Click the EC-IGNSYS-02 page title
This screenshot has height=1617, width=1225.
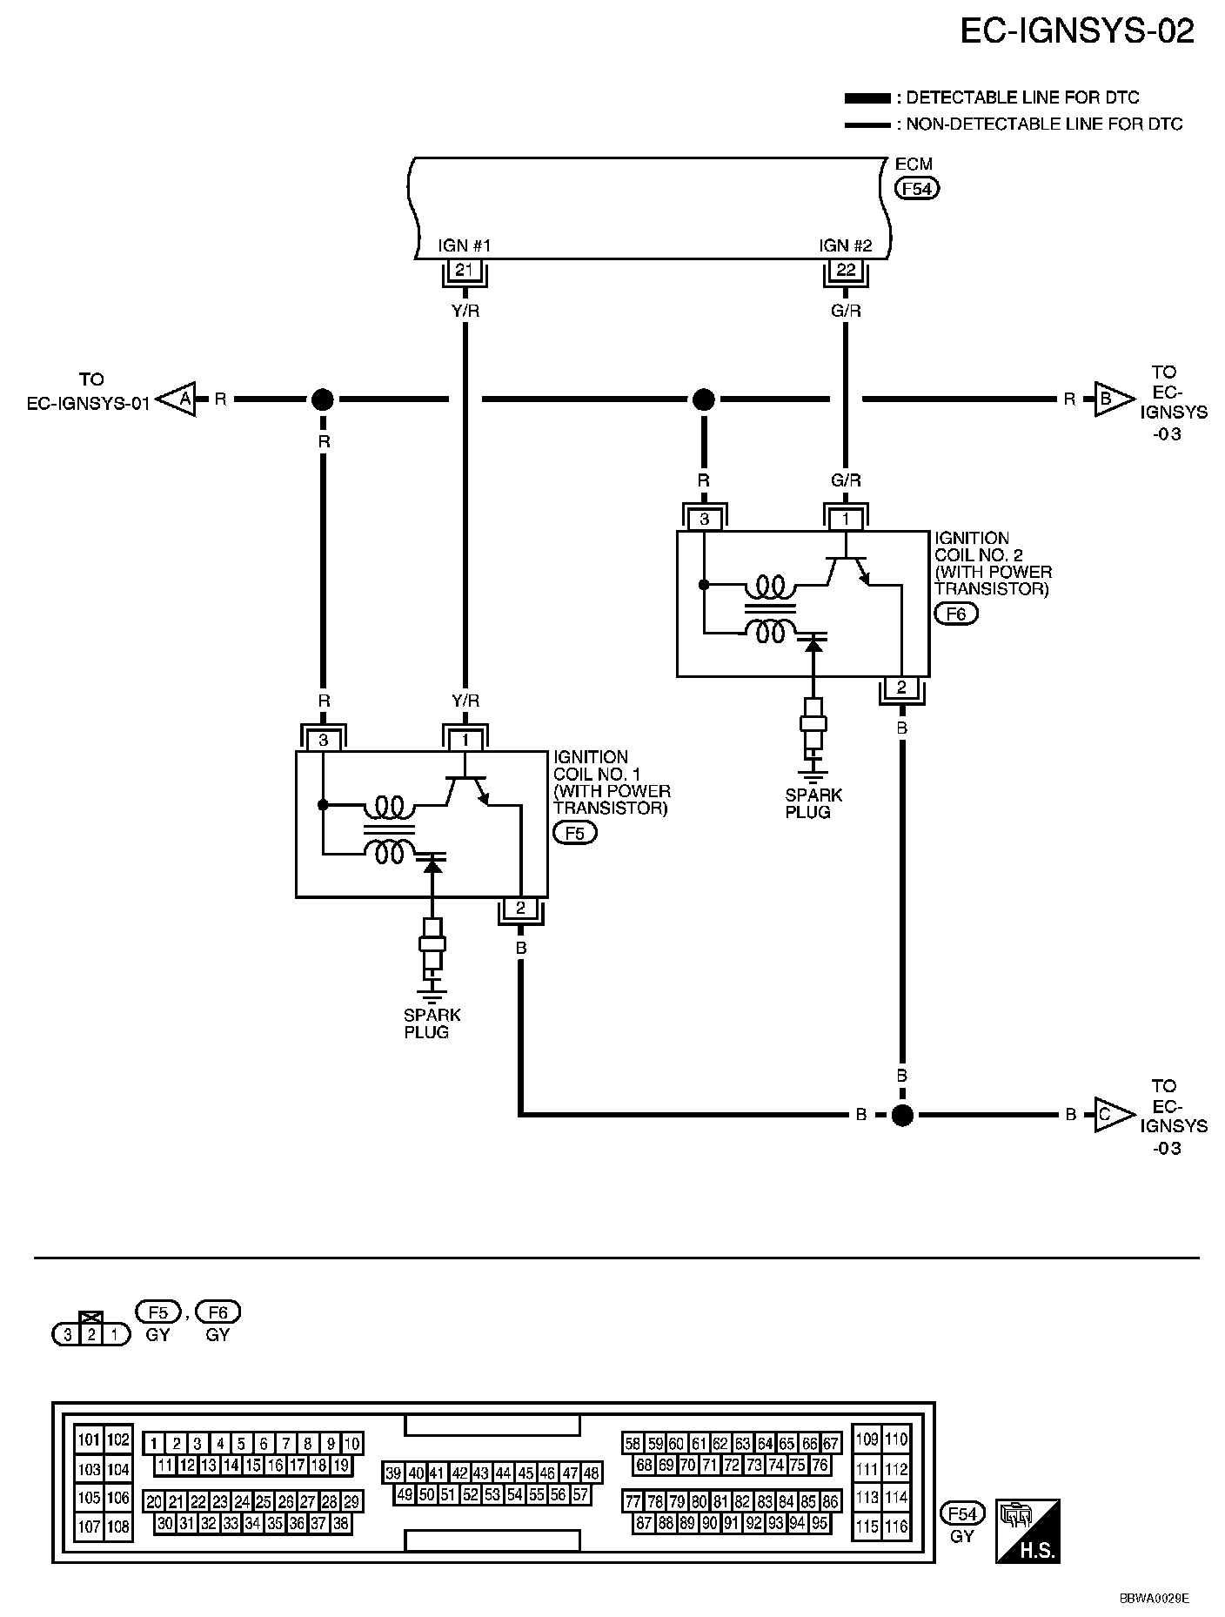[x=1077, y=32]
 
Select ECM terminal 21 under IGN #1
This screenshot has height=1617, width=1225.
[x=465, y=270]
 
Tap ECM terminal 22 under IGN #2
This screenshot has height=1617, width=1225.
[x=846, y=270]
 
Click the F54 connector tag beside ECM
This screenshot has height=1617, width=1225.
[x=918, y=188]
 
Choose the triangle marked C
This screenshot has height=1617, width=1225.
[x=1112, y=1114]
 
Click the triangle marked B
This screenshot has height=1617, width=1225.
[x=1112, y=399]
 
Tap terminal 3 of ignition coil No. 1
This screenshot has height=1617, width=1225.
[x=324, y=741]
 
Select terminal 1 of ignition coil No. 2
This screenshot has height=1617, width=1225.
[x=846, y=520]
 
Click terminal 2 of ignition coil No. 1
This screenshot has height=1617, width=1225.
[x=520, y=909]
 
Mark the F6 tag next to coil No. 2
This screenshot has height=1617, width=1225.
[x=955, y=614]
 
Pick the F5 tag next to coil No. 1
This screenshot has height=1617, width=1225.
[x=575, y=833]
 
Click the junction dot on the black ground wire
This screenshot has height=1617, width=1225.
[x=902, y=1114]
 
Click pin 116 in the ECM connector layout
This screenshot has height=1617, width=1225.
[x=896, y=1526]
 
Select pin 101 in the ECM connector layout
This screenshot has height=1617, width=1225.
[x=89, y=1439]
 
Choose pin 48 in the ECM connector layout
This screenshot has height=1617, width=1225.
[x=592, y=1473]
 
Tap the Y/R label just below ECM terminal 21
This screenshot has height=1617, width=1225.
[x=465, y=310]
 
